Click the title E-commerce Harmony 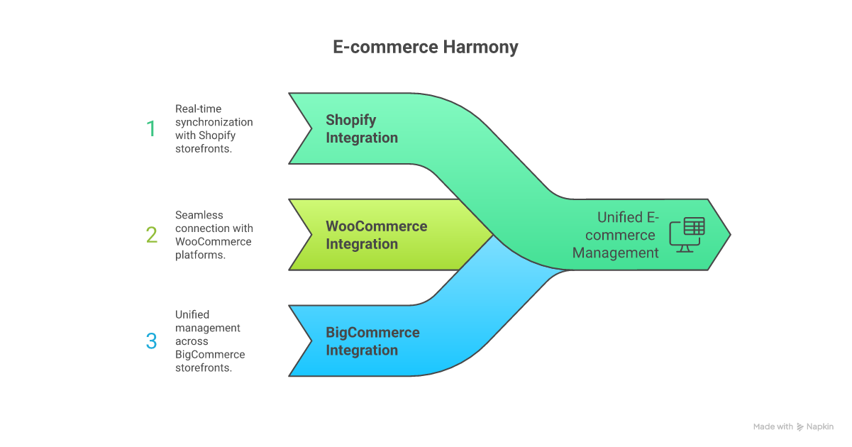click(x=426, y=48)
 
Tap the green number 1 click(x=150, y=128)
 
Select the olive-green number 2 click(x=151, y=235)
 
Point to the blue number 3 click(x=151, y=341)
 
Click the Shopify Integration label click(x=361, y=128)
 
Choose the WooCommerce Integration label click(x=376, y=235)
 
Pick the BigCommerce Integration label click(x=372, y=341)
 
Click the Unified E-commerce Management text click(x=616, y=235)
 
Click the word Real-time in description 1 click(x=198, y=109)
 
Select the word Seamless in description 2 click(x=199, y=215)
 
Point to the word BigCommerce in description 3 click(x=210, y=355)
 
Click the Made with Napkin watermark click(x=793, y=426)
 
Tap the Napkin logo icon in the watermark click(x=800, y=426)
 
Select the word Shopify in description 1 click(x=217, y=136)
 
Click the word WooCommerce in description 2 click(x=213, y=242)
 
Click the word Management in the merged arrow click(x=616, y=253)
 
